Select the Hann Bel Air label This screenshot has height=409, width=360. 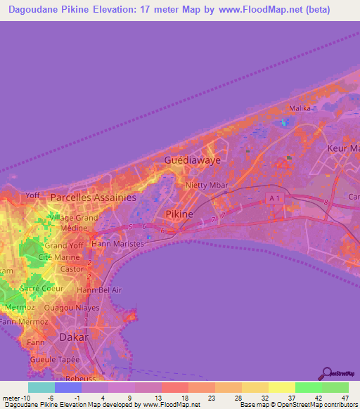98,290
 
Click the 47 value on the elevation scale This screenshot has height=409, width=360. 345,398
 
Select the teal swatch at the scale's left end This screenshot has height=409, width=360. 41,387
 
